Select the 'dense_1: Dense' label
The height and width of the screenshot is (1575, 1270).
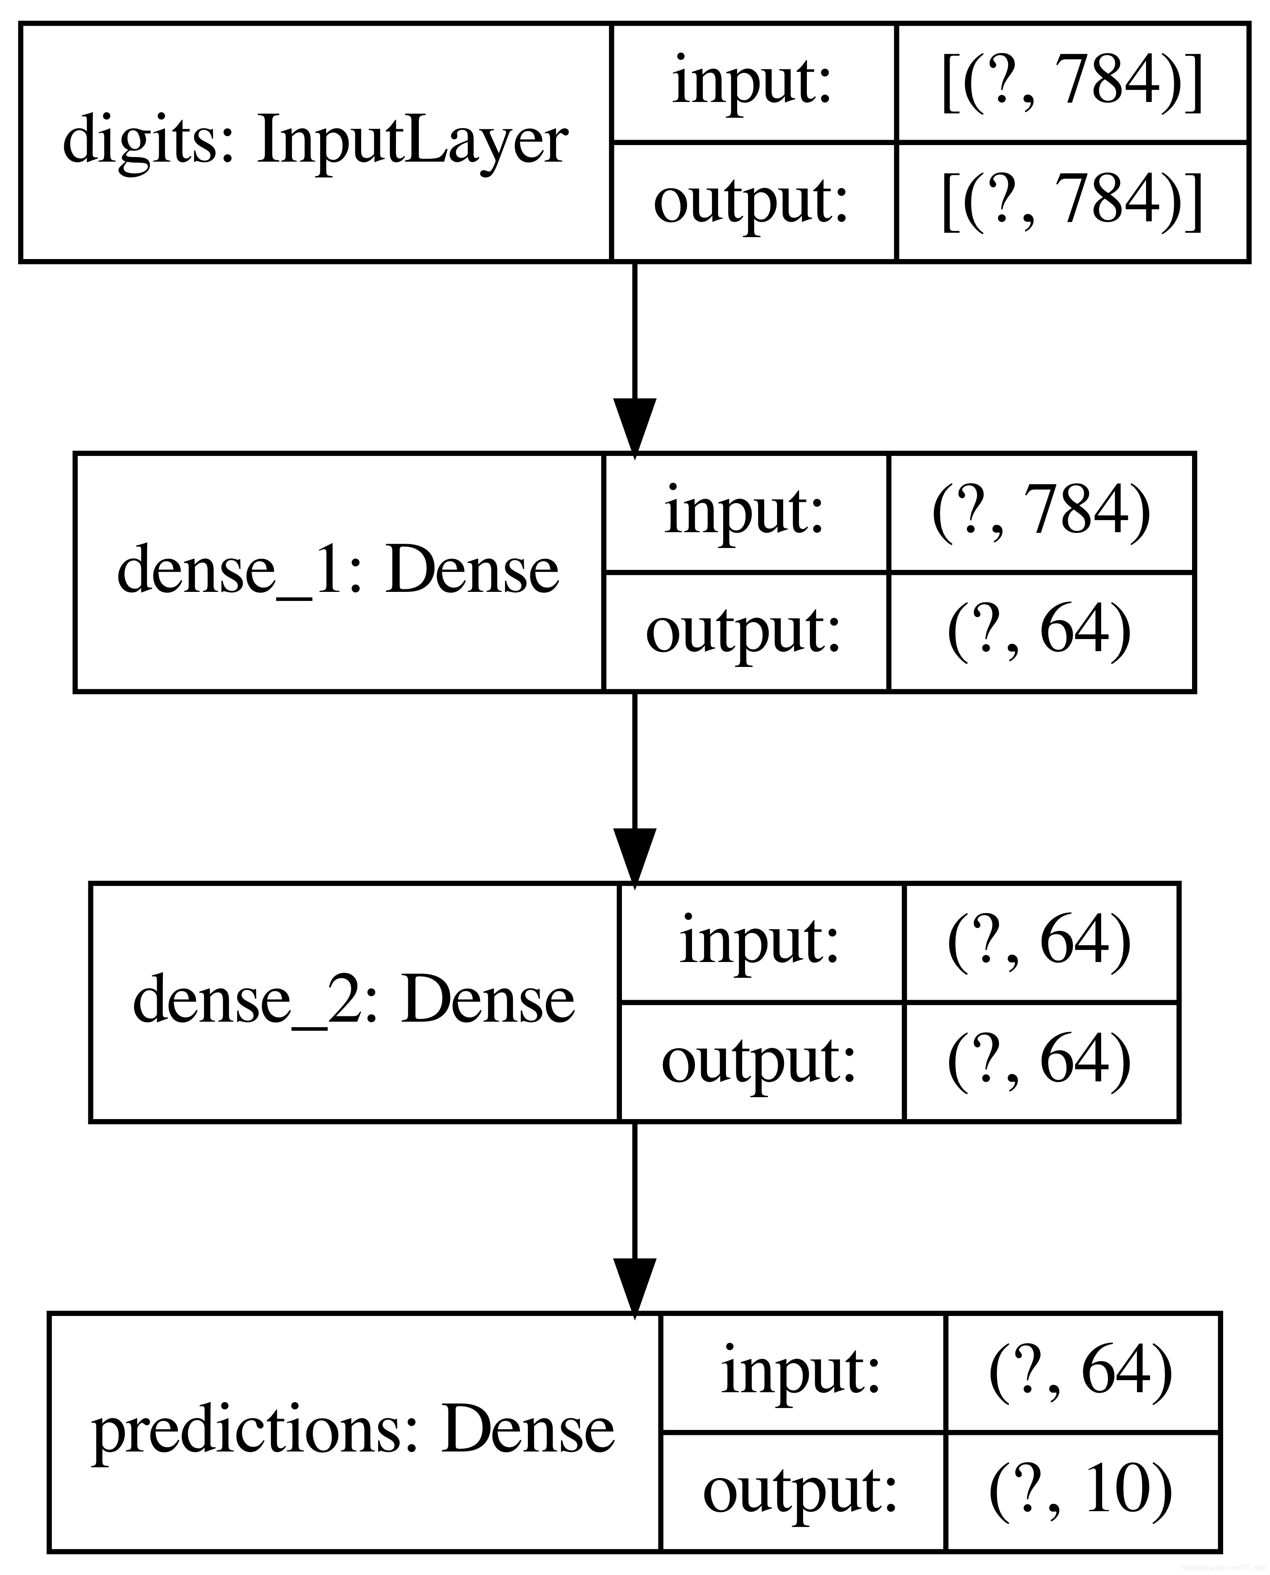click(338, 571)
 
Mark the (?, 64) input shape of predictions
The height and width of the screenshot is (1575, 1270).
click(1081, 1372)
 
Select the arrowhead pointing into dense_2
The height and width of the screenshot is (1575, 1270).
click(634, 857)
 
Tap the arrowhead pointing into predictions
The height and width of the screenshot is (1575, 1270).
click(634, 1287)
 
